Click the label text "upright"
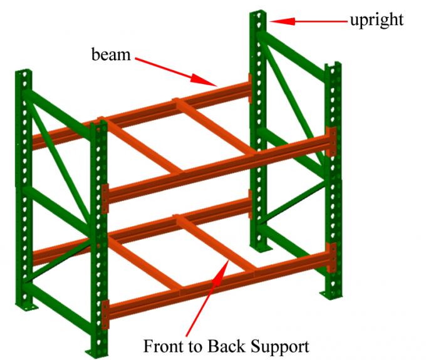click(x=376, y=20)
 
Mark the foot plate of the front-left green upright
click(x=94, y=351)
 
